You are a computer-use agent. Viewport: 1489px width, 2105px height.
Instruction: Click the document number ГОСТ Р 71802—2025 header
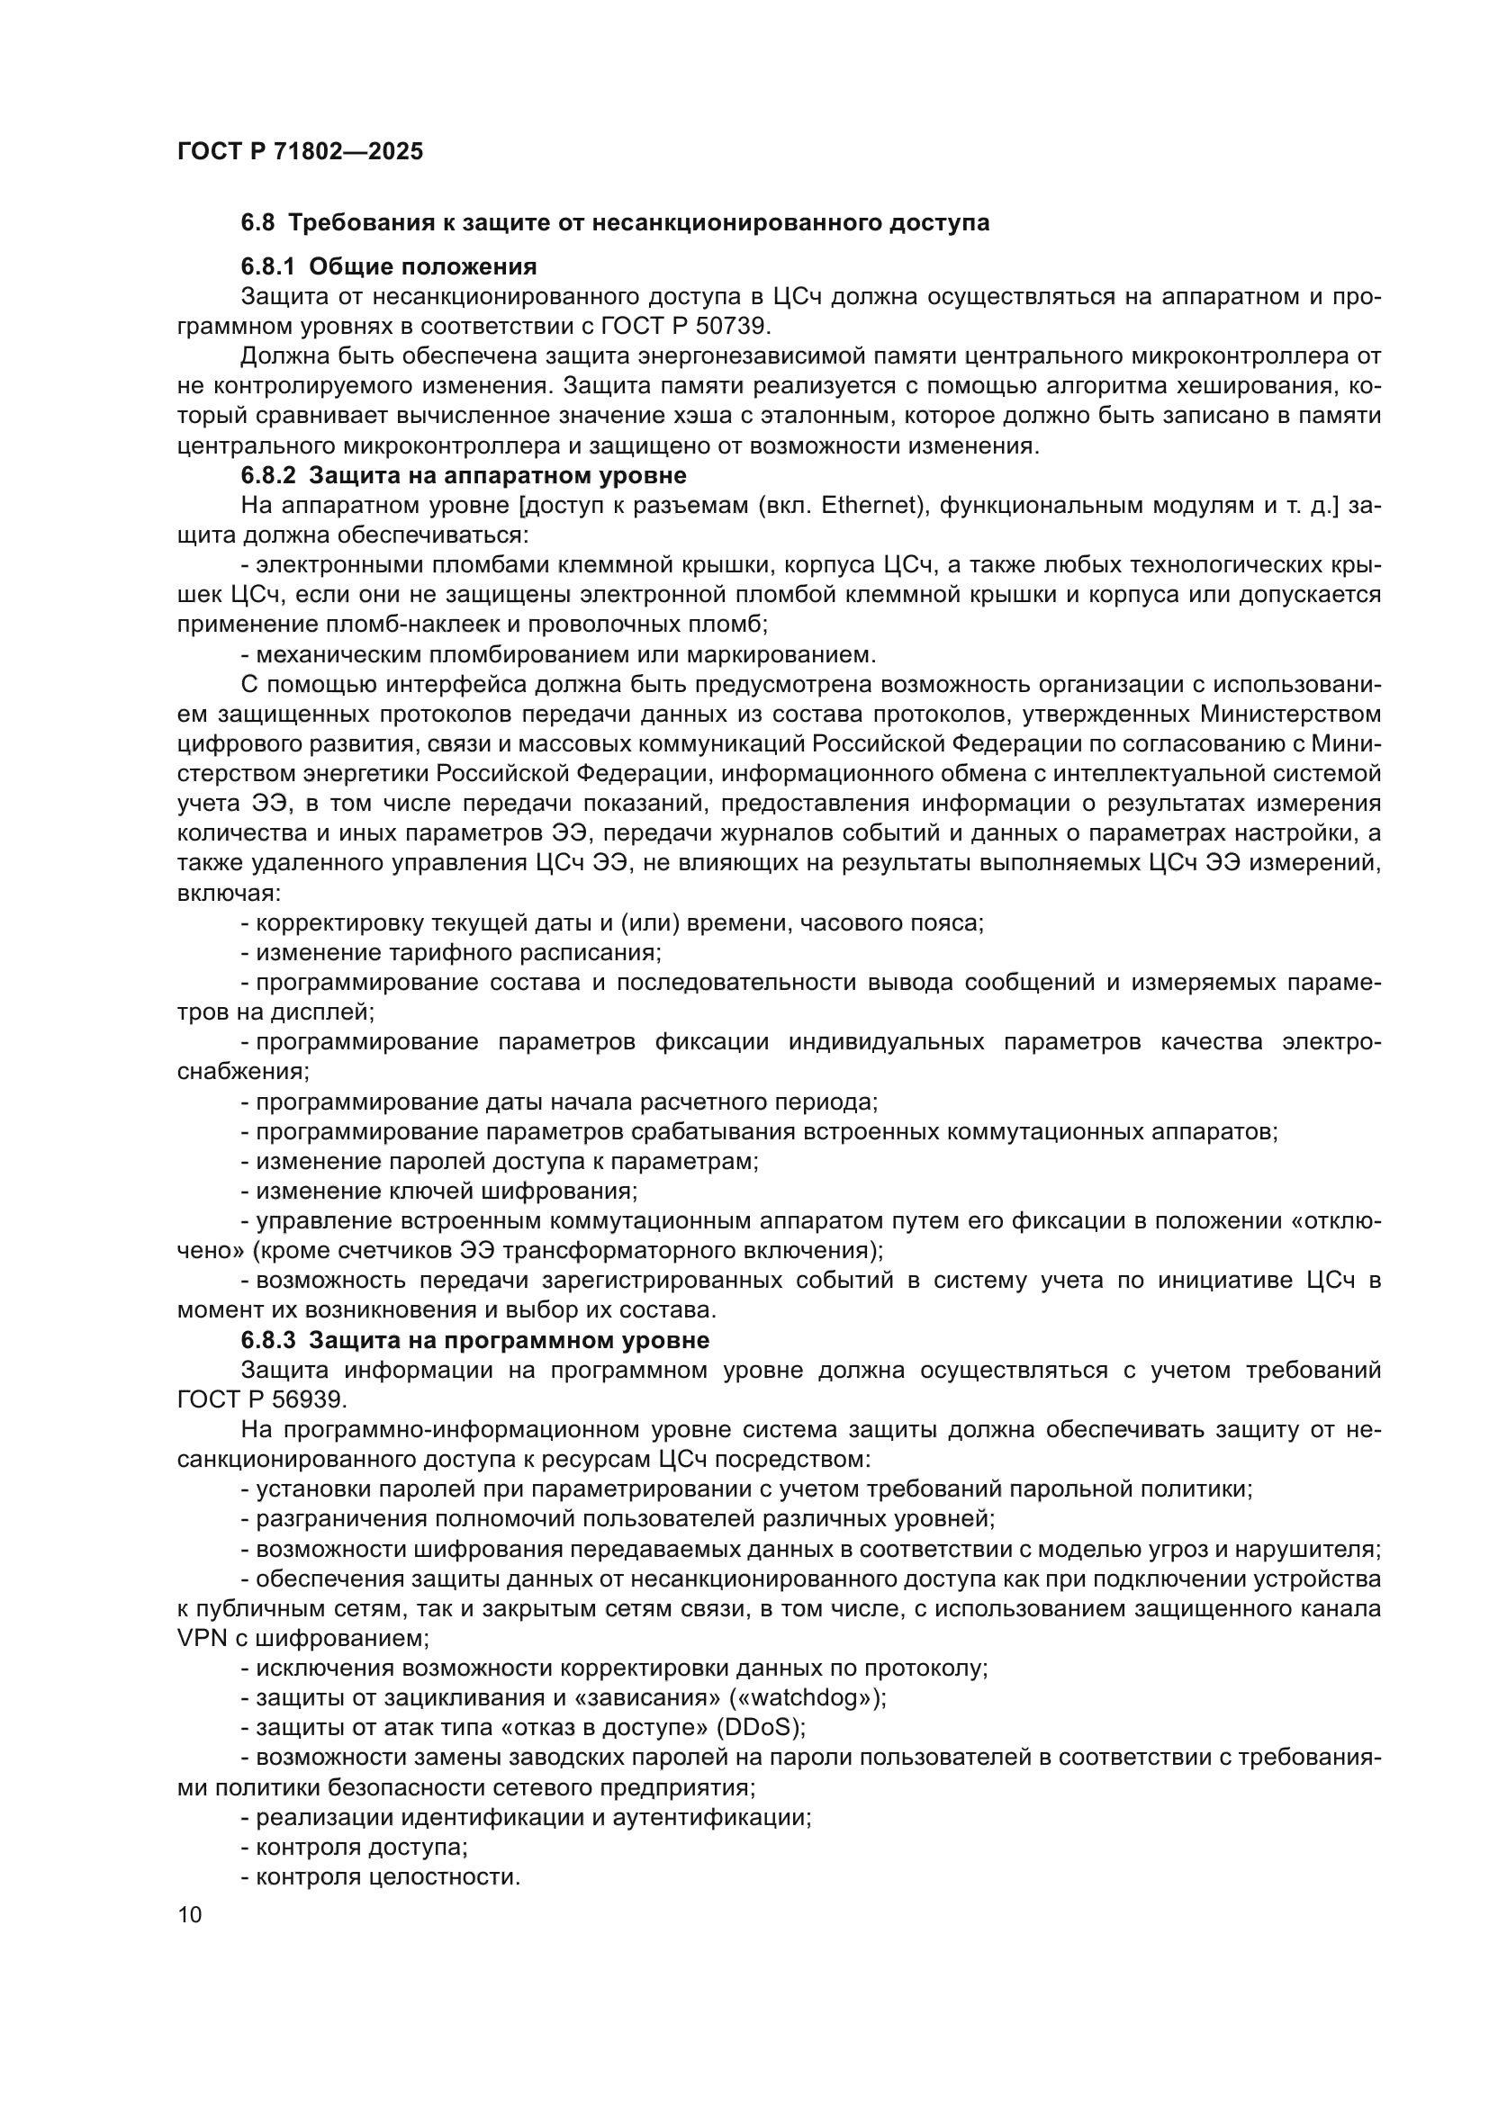[x=300, y=152]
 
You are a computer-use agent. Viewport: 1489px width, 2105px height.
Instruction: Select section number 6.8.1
[x=267, y=266]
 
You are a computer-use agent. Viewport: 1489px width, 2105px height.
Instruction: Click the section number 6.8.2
[x=267, y=476]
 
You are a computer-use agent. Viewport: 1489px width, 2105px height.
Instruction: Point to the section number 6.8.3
[x=267, y=1340]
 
